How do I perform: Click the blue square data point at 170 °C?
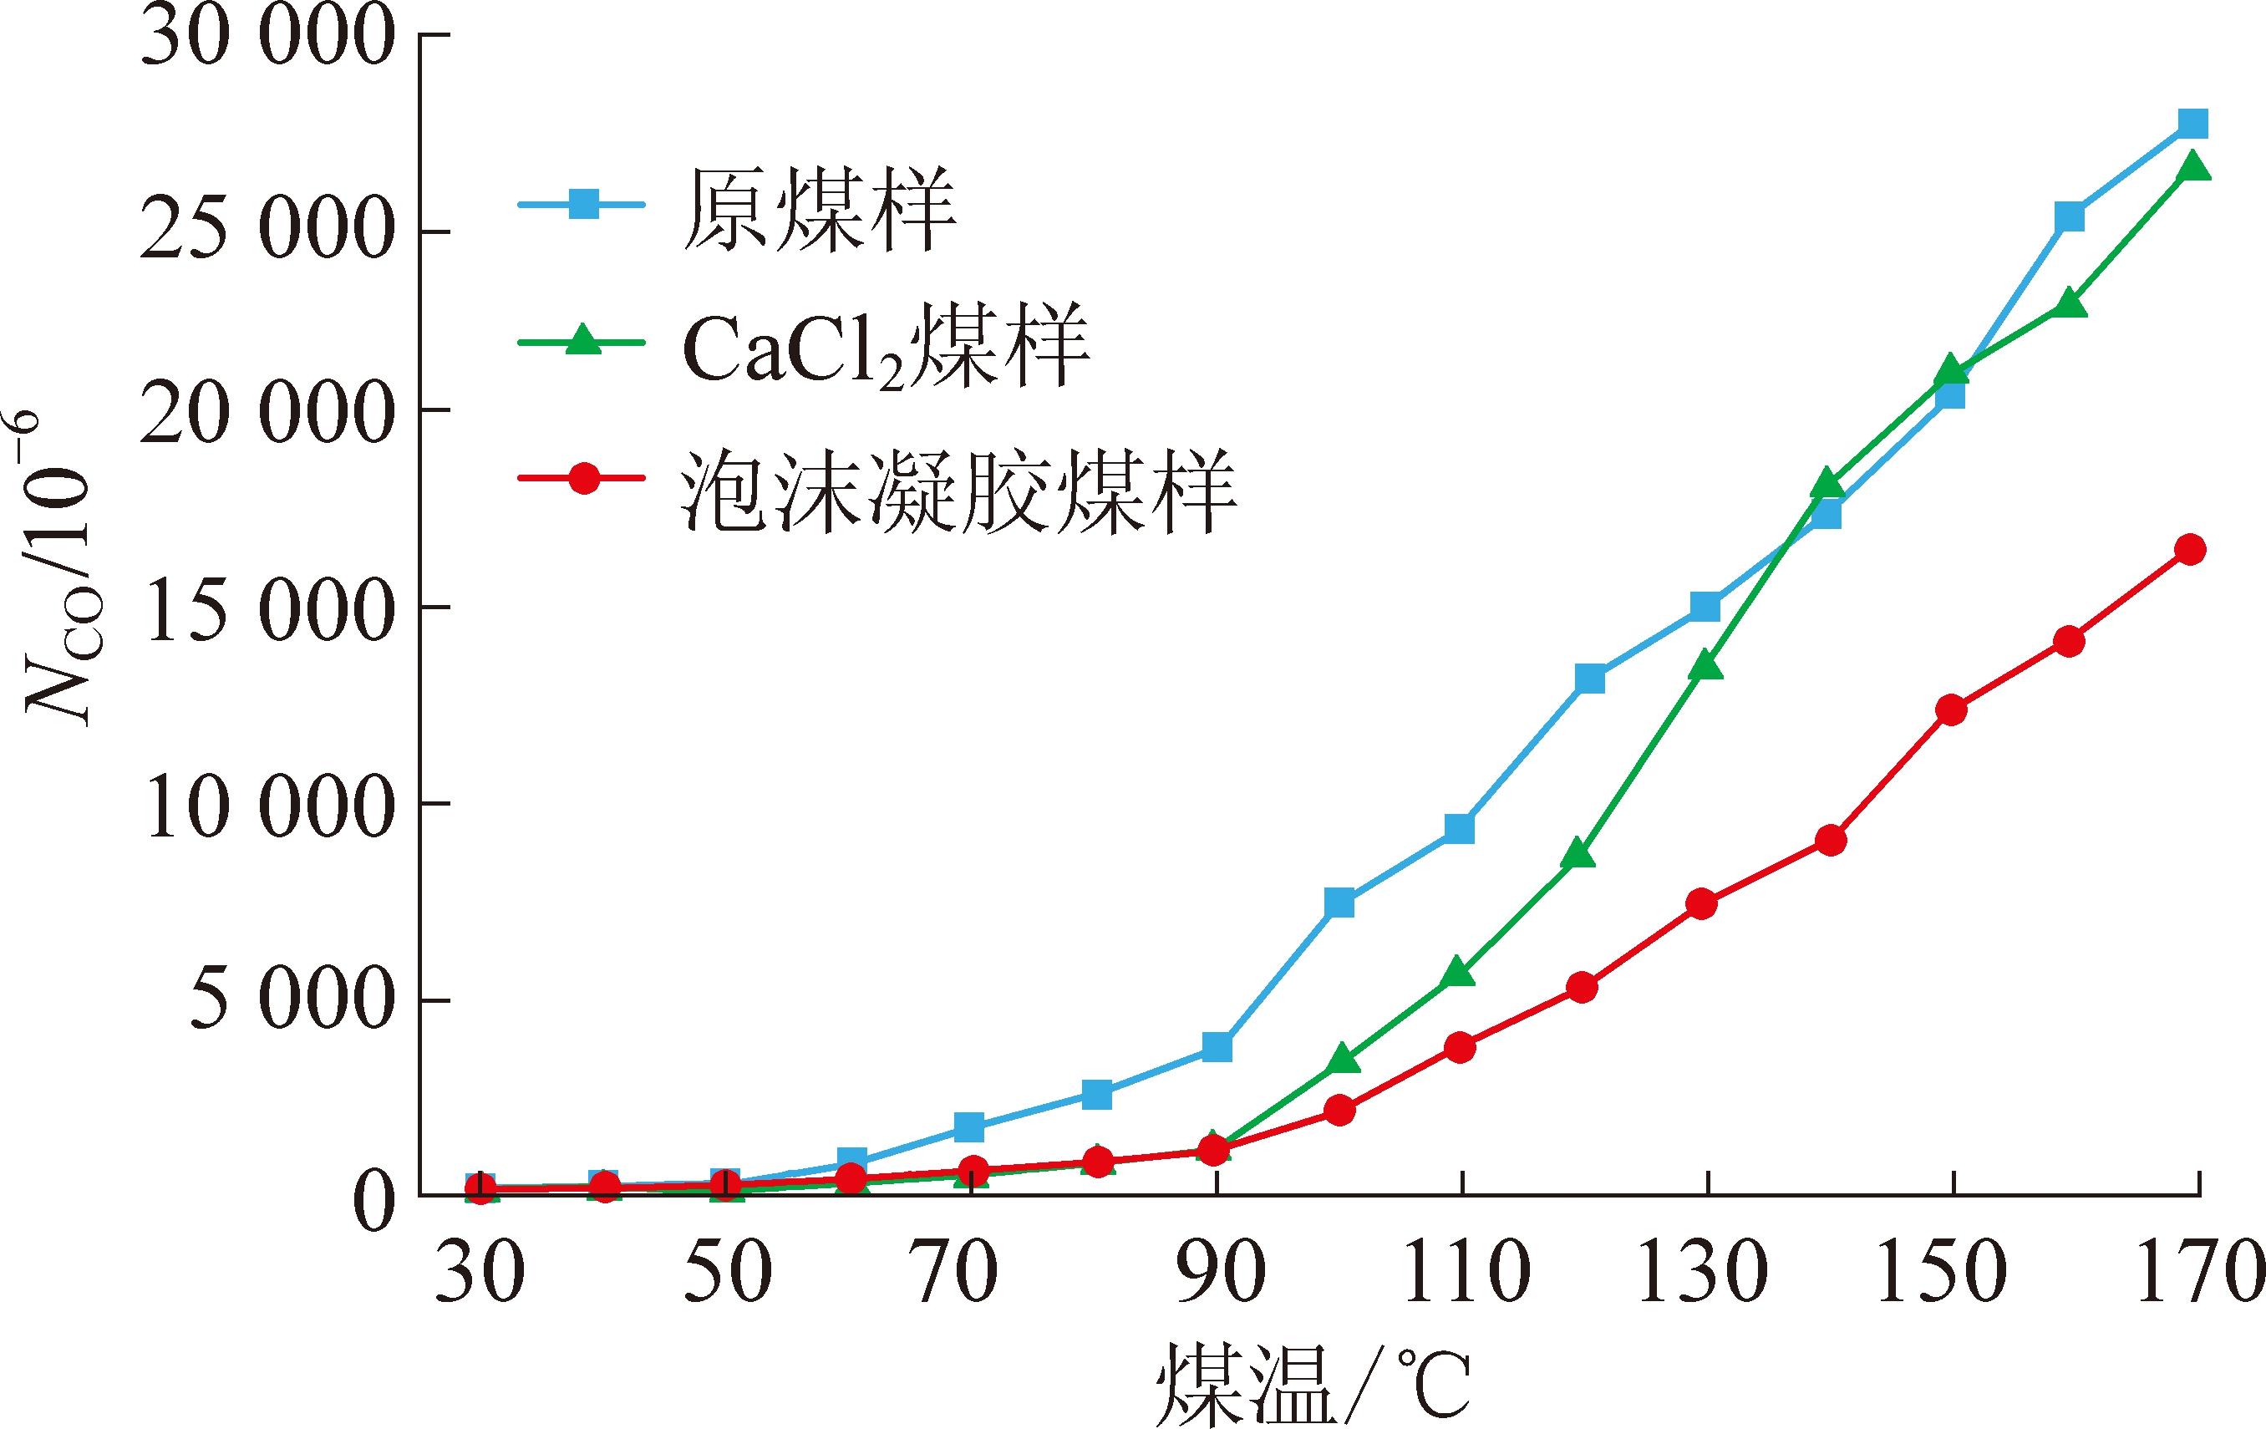2192,124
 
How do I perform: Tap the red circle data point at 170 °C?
2191,549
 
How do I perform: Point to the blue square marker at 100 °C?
1339,903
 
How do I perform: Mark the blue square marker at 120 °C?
1589,678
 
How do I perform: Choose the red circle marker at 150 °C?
1952,709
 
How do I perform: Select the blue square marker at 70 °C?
969,1126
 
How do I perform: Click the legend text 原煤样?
819,209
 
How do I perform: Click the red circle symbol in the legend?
584,478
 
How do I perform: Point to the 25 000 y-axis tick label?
267,230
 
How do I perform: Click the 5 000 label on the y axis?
292,999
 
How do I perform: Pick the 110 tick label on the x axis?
1466,1272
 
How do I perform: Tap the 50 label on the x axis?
728,1272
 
